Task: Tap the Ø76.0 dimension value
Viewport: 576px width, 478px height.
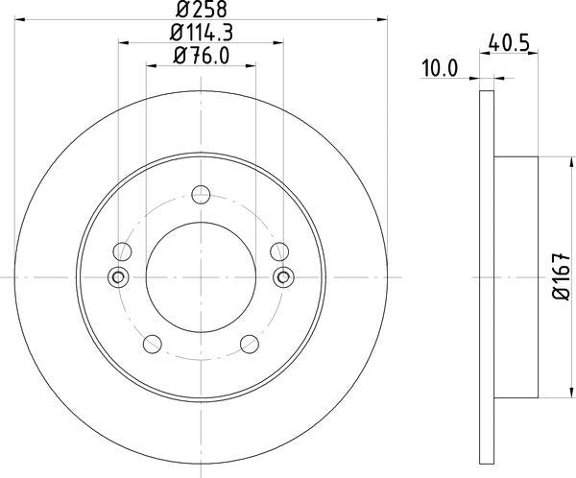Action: point(202,55)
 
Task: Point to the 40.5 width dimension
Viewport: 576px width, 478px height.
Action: point(509,43)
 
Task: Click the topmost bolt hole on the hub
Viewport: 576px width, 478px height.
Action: point(201,194)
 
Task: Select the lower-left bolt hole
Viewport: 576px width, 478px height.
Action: point(152,344)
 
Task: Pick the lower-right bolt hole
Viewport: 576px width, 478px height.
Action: point(251,344)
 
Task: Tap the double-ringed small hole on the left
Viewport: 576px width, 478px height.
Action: point(120,277)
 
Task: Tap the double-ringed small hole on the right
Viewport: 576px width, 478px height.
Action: point(282,277)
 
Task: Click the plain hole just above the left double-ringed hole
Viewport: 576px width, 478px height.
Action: point(121,252)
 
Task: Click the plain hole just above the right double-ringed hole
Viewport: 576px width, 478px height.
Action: point(280,252)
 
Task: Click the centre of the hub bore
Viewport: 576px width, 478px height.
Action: point(201,277)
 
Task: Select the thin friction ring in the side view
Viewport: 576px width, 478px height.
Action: point(486,277)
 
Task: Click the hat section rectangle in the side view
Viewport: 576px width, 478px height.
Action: point(516,277)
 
